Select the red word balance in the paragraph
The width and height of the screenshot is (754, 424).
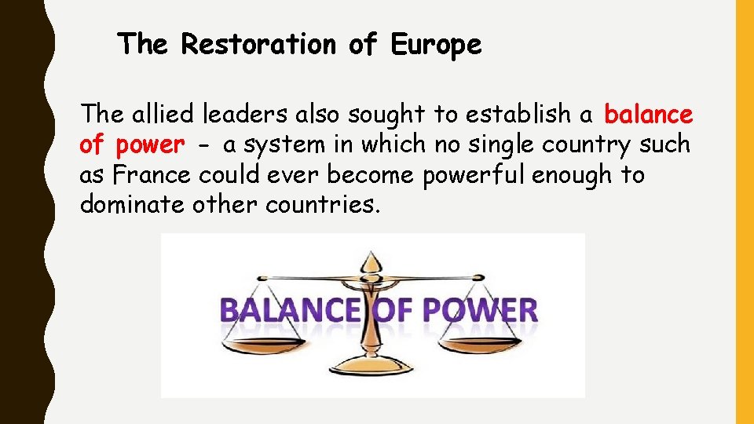(648, 115)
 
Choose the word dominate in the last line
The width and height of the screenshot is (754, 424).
(130, 205)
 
